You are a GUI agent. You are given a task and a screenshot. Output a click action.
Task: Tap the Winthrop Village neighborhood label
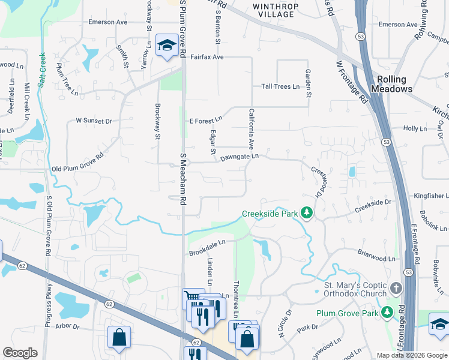coord(274,10)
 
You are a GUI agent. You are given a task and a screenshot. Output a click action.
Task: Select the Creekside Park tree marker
coord(307,214)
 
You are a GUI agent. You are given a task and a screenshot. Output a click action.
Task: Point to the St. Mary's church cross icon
coord(395,289)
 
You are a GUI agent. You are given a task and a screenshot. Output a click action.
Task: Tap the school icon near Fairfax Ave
coord(165,44)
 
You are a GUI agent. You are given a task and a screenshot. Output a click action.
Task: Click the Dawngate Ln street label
coord(239,157)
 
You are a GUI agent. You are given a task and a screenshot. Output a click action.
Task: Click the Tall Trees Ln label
coord(280,87)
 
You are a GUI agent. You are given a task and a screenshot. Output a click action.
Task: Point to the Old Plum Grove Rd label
coord(77,169)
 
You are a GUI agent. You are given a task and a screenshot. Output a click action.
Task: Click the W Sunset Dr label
coord(94,121)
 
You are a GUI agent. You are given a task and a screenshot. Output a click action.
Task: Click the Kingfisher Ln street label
coord(431,196)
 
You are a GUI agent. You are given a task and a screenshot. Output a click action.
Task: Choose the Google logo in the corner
coord(20,353)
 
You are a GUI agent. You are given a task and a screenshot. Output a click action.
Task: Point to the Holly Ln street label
coord(415,128)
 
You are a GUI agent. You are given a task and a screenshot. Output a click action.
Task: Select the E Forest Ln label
coord(206,121)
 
